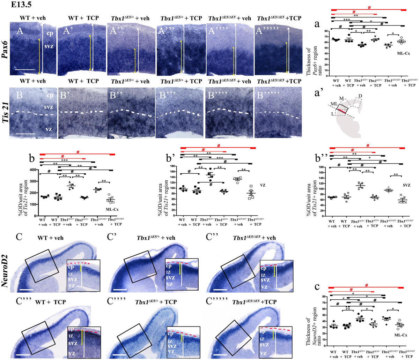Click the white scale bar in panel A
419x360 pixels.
[25, 70]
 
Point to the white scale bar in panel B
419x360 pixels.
[25, 134]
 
